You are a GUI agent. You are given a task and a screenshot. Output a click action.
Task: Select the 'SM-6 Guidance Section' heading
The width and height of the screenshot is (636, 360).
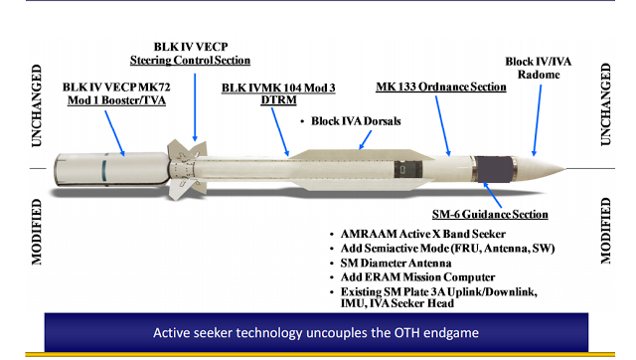(x=489, y=214)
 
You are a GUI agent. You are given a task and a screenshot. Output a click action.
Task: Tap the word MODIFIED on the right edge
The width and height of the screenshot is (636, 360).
(x=607, y=230)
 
